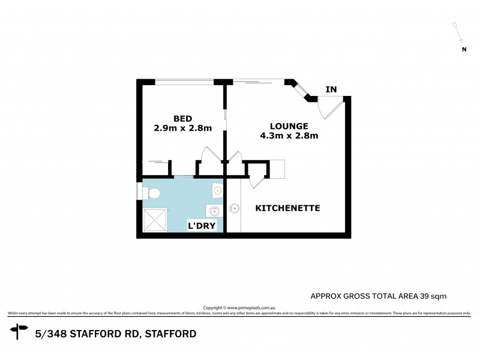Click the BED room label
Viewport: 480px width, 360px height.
pos(182,118)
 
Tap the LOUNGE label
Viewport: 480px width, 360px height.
pos(289,126)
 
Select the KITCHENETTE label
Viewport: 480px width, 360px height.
pos(287,208)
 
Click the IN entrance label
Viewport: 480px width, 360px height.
pos(331,90)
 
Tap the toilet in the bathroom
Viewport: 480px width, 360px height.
pos(152,193)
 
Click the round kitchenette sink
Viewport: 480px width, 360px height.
pos(233,209)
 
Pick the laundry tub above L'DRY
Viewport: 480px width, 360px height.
pos(214,210)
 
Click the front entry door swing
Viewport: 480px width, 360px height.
pos(329,107)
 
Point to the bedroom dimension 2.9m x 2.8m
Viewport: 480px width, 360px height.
pos(182,128)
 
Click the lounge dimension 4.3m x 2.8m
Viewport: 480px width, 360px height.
pos(289,136)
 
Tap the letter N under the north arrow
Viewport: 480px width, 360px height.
pos(464,50)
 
